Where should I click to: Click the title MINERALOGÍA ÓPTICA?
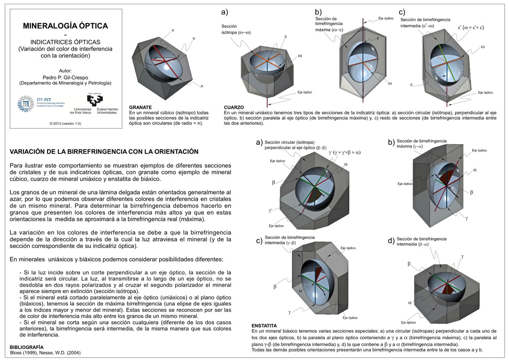66,26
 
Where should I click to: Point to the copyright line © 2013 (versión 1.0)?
65,123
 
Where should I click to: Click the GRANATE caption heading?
140,107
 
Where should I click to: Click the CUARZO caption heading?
234,107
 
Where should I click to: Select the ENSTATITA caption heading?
264,326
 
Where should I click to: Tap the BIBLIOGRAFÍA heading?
30,347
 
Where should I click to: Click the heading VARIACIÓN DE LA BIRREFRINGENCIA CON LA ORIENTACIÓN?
104,151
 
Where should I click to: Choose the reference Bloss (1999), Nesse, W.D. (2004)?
45,352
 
